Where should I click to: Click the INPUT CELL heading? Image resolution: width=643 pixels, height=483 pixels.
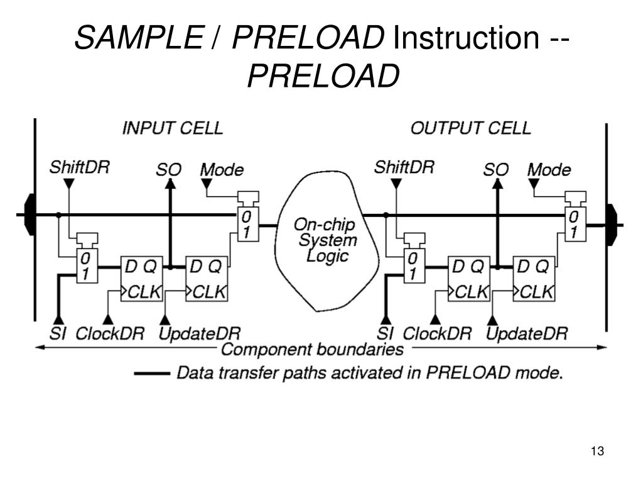pos(172,128)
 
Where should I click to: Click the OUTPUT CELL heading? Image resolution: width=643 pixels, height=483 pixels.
pos(470,128)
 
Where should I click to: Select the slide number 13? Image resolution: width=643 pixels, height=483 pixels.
pos(597,451)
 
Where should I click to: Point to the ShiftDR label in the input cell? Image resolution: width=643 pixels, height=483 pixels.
pos(79,168)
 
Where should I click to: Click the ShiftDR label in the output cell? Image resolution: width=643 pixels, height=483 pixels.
pos(404,168)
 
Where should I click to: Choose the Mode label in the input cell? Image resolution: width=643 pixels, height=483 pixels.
pos(222,170)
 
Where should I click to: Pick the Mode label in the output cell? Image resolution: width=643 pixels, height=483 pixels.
pos(549,170)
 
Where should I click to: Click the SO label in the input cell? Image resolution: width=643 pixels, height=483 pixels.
pos(168,170)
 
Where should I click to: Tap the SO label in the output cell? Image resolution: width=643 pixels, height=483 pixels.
pos(495,170)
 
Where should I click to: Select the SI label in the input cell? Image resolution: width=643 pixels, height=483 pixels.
pos(58,333)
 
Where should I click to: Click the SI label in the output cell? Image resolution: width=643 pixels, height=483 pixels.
pos(385,333)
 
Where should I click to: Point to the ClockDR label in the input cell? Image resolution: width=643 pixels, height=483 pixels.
pos(109,333)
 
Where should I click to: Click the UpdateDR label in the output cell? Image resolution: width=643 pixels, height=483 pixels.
pos(527,333)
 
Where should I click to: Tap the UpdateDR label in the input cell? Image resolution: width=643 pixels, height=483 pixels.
pos(199,333)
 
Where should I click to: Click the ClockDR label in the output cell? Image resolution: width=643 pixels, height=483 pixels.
pos(436,333)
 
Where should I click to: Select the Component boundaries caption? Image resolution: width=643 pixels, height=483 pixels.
pos(312,349)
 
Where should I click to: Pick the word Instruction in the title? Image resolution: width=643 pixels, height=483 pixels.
pos(464,40)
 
